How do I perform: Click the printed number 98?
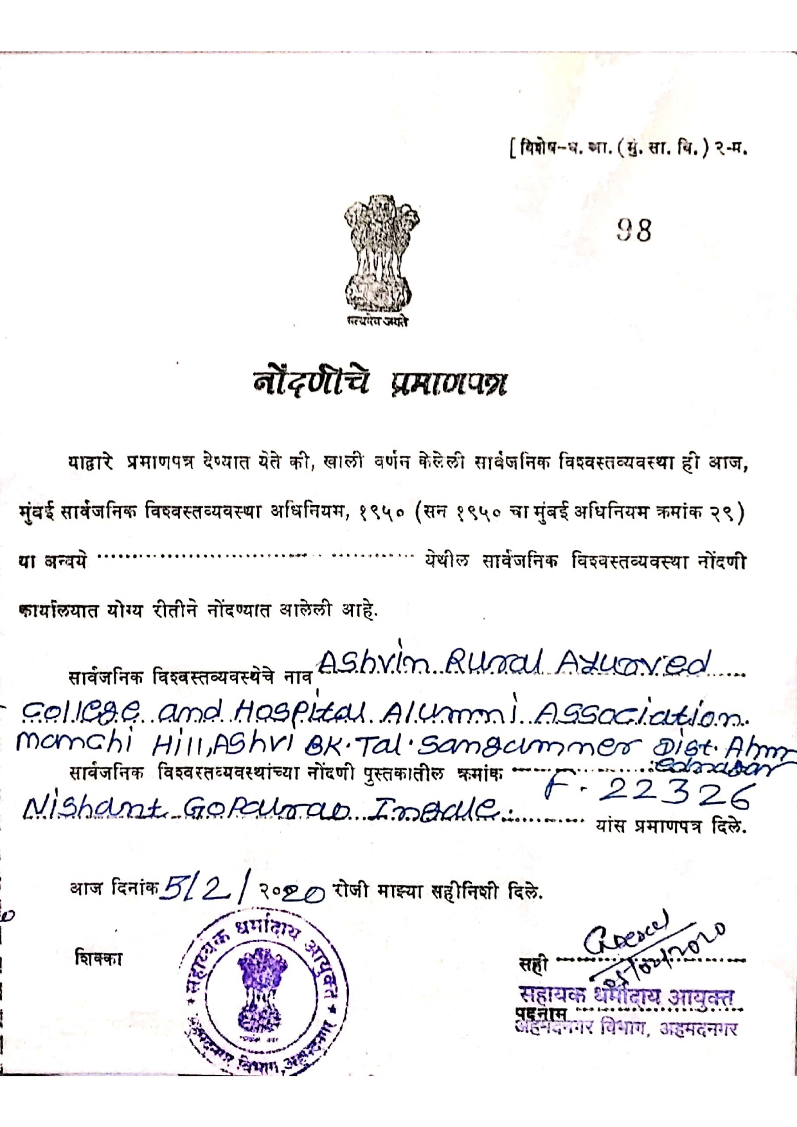point(634,229)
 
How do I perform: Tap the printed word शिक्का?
point(98,958)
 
